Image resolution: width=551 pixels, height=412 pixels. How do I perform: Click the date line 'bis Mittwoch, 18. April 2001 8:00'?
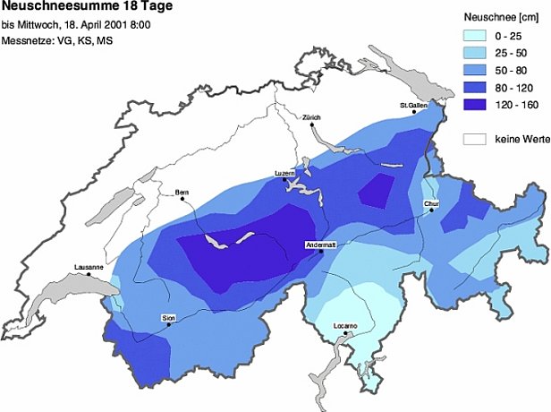point(76,25)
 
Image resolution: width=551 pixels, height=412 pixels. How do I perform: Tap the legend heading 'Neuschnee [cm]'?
point(499,16)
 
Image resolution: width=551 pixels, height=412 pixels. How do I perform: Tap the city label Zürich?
point(311,117)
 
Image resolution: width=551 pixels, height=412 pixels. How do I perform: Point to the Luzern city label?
point(284,172)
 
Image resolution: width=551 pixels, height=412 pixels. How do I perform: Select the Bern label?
point(182,192)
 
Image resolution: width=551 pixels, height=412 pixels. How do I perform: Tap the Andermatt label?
point(320,244)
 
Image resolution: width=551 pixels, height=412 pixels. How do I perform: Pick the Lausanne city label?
point(89,267)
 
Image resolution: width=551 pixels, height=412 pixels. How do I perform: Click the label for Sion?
point(168,318)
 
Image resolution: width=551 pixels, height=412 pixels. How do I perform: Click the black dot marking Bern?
point(182,199)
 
